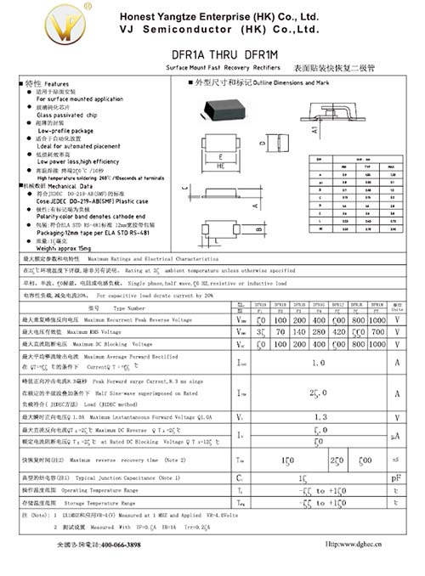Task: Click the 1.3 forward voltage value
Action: [x=320, y=417]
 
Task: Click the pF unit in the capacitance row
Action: [x=397, y=479]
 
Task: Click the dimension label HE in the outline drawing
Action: [x=221, y=167]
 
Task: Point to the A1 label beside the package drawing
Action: [x=315, y=130]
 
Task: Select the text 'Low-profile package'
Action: [x=65, y=131]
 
